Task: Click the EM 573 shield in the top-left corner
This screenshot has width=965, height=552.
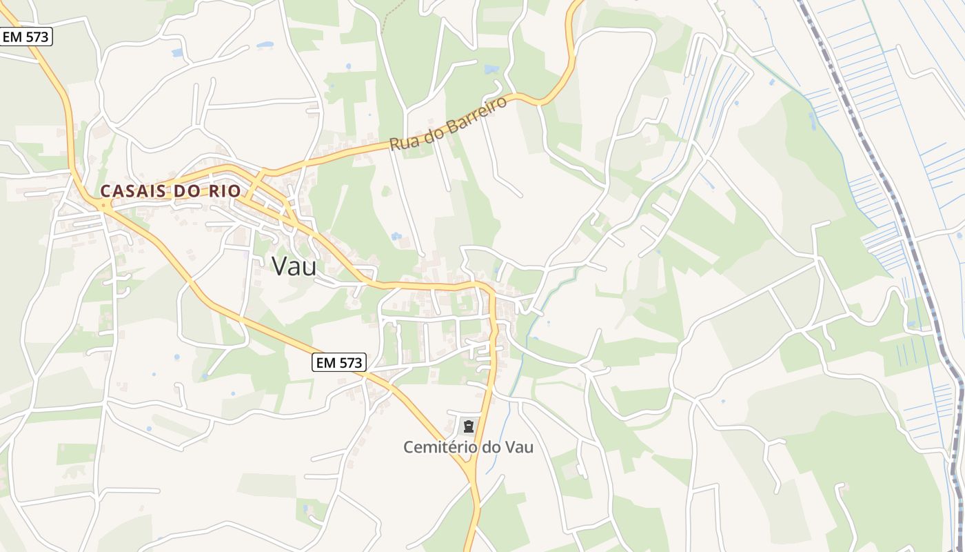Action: [x=26, y=37]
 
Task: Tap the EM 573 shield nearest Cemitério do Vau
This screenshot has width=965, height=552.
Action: [x=338, y=362]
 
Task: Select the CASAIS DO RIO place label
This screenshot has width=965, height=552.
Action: [x=170, y=191]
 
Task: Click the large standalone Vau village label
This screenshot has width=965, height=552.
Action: [x=294, y=266]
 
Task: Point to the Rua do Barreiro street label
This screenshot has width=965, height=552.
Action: [x=448, y=124]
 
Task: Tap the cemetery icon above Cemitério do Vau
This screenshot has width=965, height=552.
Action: [x=469, y=426]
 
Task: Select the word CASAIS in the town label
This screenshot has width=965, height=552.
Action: [x=132, y=191]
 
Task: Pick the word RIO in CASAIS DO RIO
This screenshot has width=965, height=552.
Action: [x=225, y=191]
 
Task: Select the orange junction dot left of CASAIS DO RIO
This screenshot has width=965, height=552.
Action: [x=103, y=204]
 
